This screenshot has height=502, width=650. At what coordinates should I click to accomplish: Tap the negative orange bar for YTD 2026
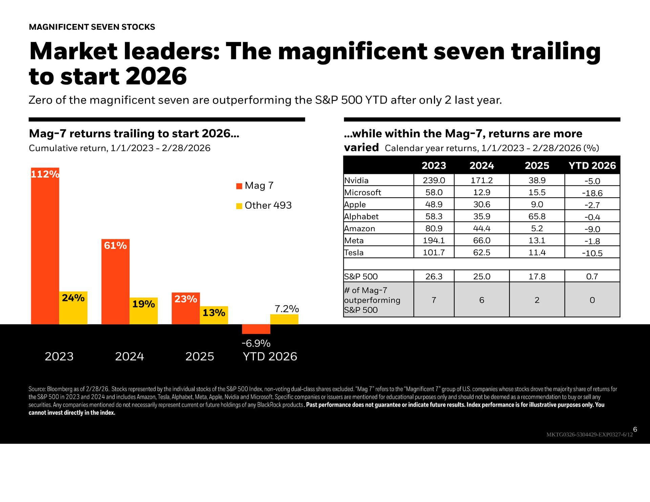(256, 329)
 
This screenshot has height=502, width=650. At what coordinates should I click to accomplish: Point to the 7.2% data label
(286, 309)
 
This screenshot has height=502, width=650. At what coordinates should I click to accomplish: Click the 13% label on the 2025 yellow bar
(214, 313)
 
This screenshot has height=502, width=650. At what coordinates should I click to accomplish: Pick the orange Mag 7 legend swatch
(239, 186)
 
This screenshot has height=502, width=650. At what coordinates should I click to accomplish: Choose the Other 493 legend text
(268, 205)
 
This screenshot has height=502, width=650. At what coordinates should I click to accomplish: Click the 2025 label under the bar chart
(200, 357)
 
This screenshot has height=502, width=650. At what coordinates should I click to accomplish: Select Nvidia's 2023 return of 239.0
(434, 180)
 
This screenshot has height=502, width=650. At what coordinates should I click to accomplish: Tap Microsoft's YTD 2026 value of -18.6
(592, 193)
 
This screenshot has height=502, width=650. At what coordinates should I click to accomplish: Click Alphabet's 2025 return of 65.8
(537, 216)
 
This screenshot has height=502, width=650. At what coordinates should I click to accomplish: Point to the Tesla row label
(354, 253)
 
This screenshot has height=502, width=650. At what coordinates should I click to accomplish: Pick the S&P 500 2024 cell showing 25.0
(481, 277)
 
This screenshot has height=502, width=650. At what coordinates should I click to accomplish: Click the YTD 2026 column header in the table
(592, 166)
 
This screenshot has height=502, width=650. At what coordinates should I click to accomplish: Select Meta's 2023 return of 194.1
(434, 241)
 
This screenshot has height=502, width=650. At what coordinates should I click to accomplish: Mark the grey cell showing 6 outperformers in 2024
(481, 300)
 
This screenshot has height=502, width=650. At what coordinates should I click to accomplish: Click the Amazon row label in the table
(360, 229)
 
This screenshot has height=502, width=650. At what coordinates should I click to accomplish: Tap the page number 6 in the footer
(635, 429)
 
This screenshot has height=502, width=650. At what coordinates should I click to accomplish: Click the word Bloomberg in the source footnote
(60, 389)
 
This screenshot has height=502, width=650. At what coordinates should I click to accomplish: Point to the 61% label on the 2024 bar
(115, 246)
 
